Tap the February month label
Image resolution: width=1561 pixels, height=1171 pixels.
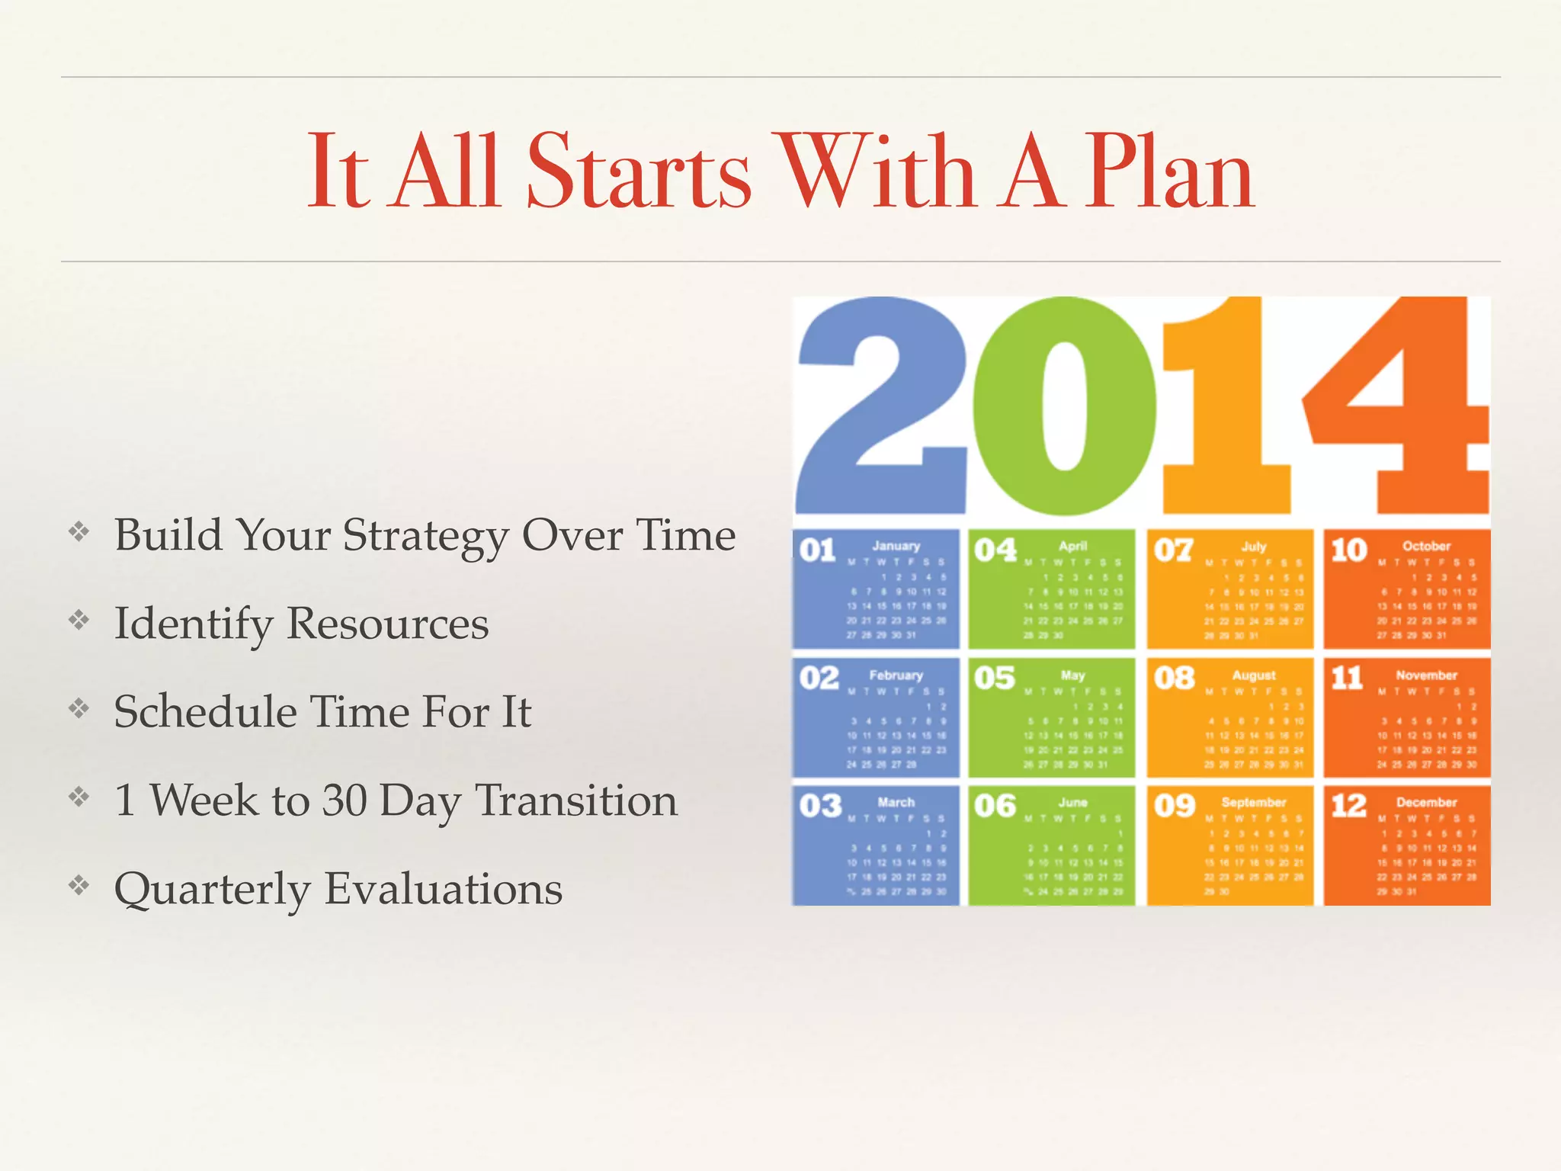click(896, 675)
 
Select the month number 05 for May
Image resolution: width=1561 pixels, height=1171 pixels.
click(995, 678)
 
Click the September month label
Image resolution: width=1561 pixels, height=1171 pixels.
click(1253, 802)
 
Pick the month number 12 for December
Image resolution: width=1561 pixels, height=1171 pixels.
click(1349, 806)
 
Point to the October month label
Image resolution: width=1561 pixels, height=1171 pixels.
click(1426, 546)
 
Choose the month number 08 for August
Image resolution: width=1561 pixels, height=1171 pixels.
click(1174, 678)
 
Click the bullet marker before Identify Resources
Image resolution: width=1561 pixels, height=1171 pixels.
click(79, 621)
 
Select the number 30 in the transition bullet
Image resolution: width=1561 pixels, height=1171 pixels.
click(345, 800)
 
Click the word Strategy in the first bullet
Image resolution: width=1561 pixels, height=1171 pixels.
click(426, 535)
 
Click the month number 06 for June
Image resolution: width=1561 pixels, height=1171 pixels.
click(995, 806)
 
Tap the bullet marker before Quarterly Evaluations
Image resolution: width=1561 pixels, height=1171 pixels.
click(79, 886)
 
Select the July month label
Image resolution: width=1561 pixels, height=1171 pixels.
click(1253, 546)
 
